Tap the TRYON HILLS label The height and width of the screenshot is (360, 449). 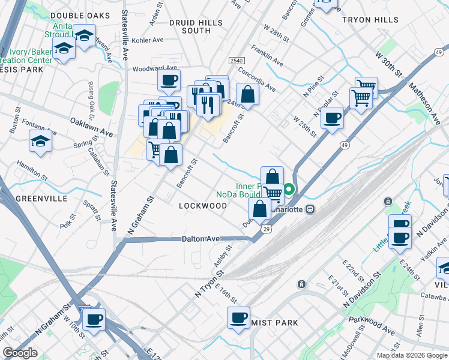click(x=370, y=20)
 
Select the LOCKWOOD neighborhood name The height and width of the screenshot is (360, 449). click(x=203, y=206)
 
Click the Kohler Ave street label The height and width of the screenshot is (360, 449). click(x=148, y=40)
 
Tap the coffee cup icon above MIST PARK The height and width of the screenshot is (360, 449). click(x=238, y=317)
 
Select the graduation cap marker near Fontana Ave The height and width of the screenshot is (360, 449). click(x=41, y=142)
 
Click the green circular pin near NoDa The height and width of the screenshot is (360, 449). click(x=289, y=190)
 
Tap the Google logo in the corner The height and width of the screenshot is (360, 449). click(x=20, y=353)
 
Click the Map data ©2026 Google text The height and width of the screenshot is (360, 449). click(x=411, y=355)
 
